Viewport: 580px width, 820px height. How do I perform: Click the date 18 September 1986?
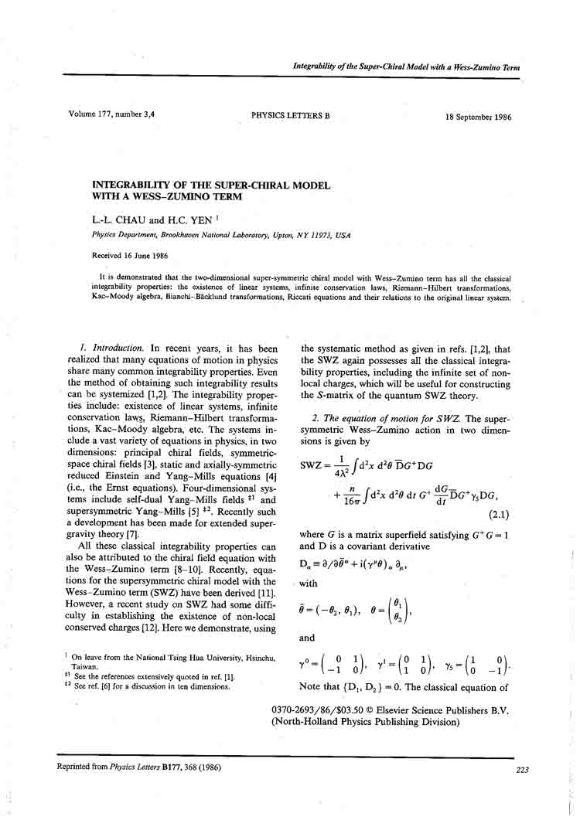[x=478, y=117]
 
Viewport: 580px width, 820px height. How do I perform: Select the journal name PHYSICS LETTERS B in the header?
[x=290, y=116]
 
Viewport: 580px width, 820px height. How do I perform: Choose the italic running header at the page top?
[x=406, y=67]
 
